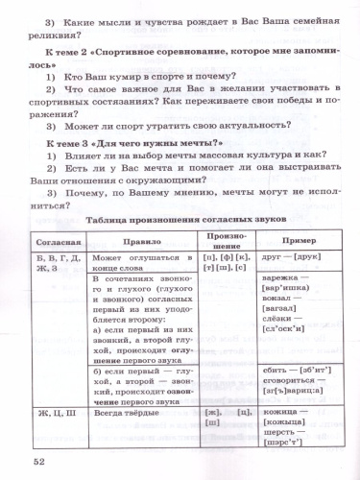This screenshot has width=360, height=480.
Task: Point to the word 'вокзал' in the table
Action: click(278, 331)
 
